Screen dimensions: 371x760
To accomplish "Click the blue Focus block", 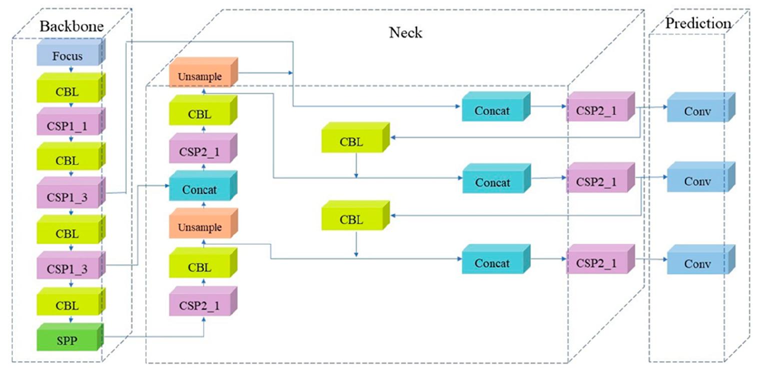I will [x=68, y=55].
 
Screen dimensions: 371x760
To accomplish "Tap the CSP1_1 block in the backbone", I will [x=68, y=125].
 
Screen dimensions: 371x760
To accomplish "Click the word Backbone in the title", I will [x=72, y=26].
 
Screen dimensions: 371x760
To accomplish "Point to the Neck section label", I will [x=405, y=33].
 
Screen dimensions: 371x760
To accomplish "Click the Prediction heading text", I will [x=698, y=23].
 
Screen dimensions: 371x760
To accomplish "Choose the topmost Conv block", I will [x=697, y=110].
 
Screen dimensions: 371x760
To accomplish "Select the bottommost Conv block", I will [x=697, y=263].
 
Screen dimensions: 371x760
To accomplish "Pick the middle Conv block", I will [x=697, y=181].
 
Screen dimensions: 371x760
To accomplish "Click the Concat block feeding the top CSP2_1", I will [x=492, y=110].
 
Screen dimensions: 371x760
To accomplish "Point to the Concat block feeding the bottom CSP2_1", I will [x=492, y=263].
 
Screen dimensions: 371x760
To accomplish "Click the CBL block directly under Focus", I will [x=68, y=91].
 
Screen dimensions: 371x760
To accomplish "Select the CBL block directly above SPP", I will [x=68, y=305].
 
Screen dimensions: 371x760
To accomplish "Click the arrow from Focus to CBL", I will [x=71, y=69].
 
